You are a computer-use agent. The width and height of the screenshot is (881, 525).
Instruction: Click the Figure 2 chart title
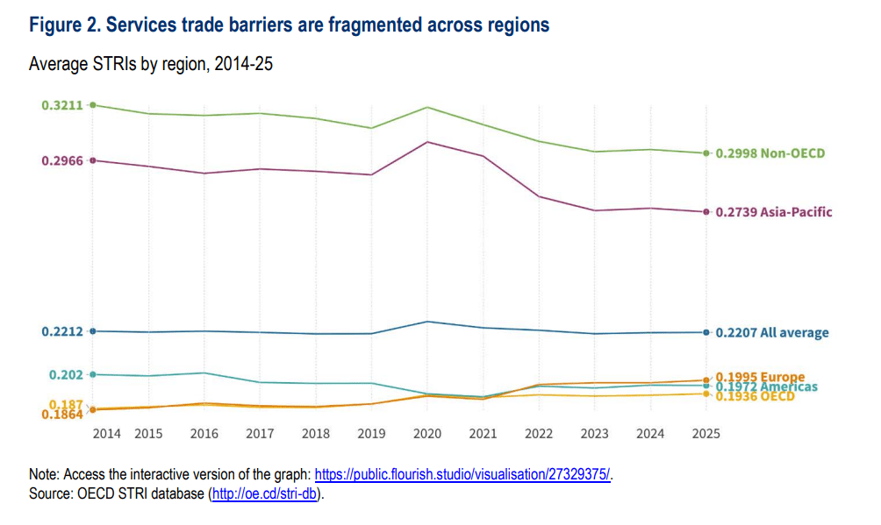(289, 25)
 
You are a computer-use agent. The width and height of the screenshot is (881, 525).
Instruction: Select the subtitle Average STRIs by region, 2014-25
(151, 64)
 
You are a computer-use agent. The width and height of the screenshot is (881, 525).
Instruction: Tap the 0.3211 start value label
(61, 105)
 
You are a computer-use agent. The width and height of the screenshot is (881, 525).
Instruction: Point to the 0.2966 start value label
(61, 160)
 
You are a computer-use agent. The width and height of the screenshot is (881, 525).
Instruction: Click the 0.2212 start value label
(61, 331)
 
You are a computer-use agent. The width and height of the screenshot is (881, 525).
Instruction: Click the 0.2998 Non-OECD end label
(770, 153)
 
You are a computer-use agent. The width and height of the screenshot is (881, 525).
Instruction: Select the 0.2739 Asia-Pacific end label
(773, 212)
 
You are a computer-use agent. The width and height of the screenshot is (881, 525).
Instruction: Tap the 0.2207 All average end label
(771, 333)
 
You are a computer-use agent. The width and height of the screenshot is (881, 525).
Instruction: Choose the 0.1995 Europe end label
(760, 378)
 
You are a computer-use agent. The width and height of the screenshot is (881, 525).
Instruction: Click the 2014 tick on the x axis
(106, 433)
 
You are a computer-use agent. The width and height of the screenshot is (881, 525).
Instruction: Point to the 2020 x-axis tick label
(426, 433)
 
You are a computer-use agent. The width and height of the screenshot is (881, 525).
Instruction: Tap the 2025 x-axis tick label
(706, 433)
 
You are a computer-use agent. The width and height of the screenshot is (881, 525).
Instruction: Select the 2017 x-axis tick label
(260, 433)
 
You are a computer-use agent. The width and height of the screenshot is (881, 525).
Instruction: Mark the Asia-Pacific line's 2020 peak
(426, 142)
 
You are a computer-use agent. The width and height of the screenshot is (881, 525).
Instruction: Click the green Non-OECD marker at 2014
(93, 105)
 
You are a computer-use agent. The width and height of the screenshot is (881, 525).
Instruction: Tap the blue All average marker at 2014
(93, 330)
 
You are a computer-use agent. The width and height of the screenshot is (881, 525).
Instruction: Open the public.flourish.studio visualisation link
(462, 474)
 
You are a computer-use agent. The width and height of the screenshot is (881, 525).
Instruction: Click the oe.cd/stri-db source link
(266, 494)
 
